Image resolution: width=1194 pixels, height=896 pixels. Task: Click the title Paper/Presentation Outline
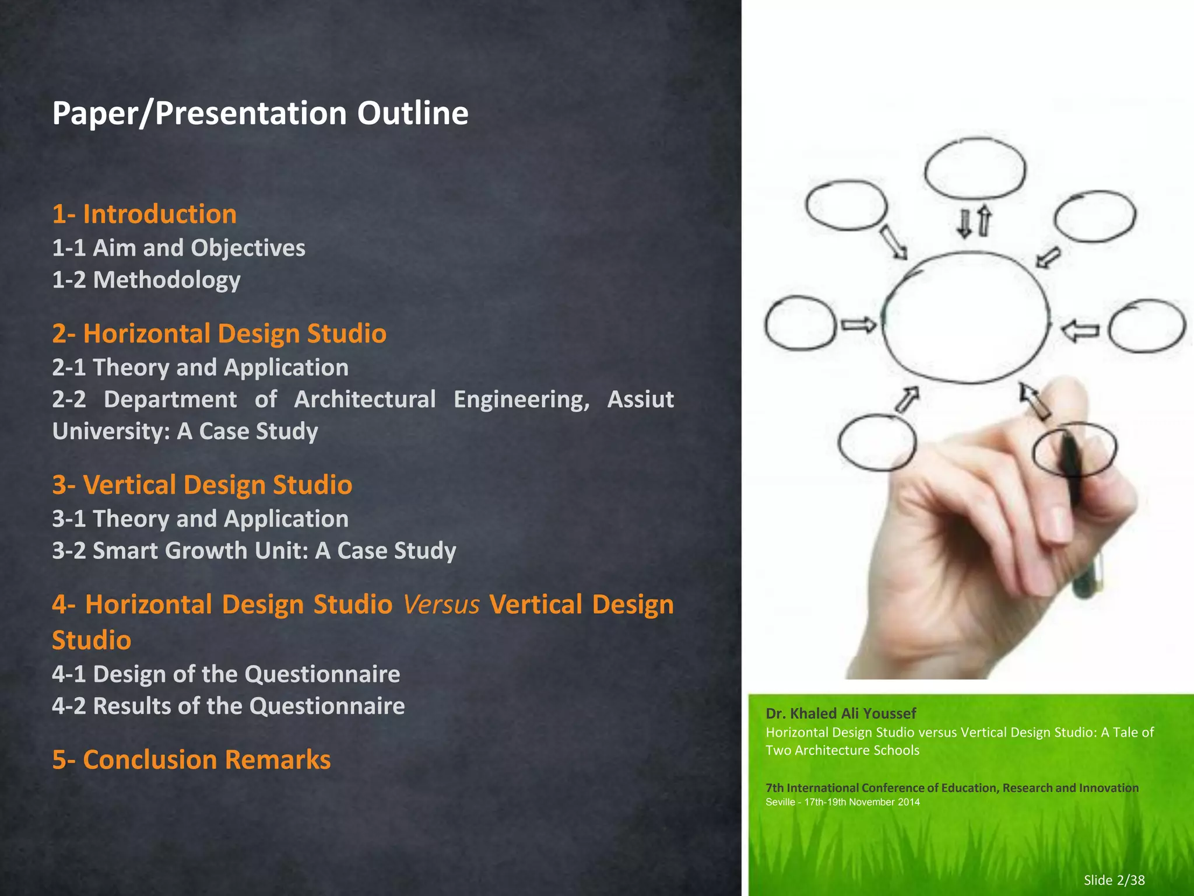pyautogui.click(x=260, y=113)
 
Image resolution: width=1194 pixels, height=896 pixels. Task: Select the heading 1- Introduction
pyautogui.click(x=144, y=214)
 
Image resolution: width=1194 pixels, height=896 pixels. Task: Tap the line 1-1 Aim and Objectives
pyautogui.click(x=178, y=248)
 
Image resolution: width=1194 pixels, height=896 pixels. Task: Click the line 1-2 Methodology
pyautogui.click(x=146, y=280)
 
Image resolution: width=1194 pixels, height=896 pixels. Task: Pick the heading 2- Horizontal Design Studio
pyautogui.click(x=219, y=334)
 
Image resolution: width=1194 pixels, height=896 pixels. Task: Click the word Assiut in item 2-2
pyautogui.click(x=640, y=400)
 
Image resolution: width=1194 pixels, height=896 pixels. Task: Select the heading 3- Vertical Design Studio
pyautogui.click(x=202, y=485)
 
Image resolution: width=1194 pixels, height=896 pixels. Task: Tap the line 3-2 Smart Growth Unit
pyautogui.click(x=254, y=551)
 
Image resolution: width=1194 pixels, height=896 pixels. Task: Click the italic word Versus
pyautogui.click(x=441, y=604)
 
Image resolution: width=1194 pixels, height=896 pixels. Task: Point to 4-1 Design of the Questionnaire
pyautogui.click(x=226, y=674)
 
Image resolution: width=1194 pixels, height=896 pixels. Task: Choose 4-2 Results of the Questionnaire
pyautogui.click(x=228, y=706)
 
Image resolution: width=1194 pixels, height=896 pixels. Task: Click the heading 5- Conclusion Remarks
pyautogui.click(x=191, y=759)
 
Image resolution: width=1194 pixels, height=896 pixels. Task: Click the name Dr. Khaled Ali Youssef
pyautogui.click(x=840, y=713)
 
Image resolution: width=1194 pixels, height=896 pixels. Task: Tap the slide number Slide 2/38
pyautogui.click(x=1114, y=880)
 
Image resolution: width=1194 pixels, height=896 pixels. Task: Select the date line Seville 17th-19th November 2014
pyautogui.click(x=842, y=802)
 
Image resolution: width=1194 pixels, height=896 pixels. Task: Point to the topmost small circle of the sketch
pyautogui.click(x=975, y=168)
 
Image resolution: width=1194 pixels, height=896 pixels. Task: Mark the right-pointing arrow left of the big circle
pyautogui.click(x=858, y=325)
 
